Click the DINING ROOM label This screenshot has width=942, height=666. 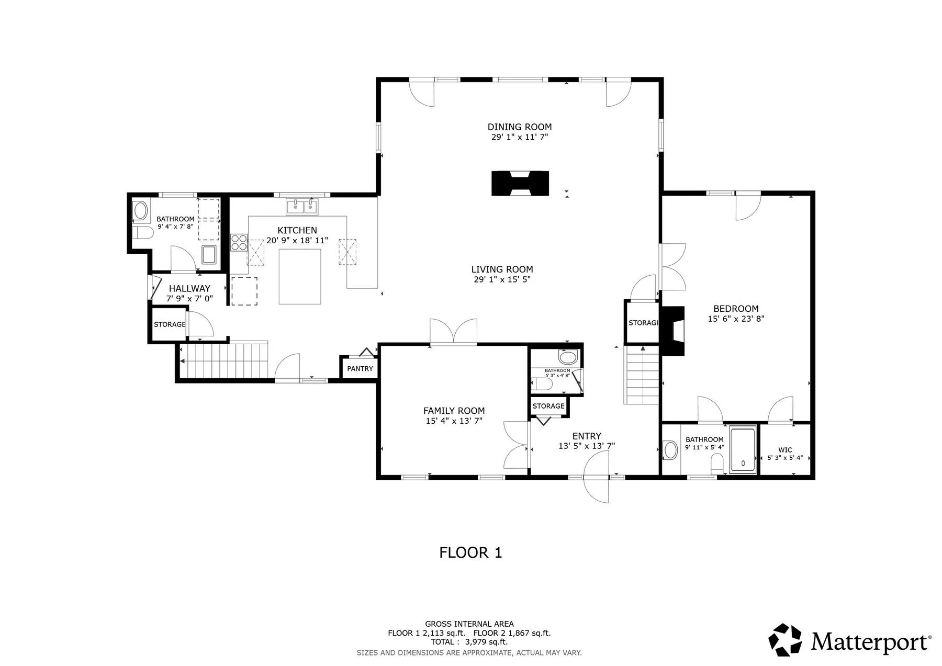tap(520, 127)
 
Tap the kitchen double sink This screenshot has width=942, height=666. tap(302, 207)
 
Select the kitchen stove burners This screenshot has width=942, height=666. tap(239, 242)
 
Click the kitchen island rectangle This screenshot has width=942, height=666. tap(300, 276)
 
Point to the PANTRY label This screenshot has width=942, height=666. tap(360, 369)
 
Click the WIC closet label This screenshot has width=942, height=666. tap(785, 450)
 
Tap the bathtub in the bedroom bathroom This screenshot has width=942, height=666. tap(743, 450)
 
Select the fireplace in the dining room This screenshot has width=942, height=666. tap(520, 183)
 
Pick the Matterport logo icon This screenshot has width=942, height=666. tap(784, 639)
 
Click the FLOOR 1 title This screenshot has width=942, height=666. tap(470, 552)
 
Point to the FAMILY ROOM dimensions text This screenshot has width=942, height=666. tap(454, 421)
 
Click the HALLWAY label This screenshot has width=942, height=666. tap(189, 288)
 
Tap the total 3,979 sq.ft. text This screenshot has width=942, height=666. tap(469, 642)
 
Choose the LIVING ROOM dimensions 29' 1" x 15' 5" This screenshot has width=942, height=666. tap(502, 279)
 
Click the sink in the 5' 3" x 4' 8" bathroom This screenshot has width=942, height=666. tap(568, 358)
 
